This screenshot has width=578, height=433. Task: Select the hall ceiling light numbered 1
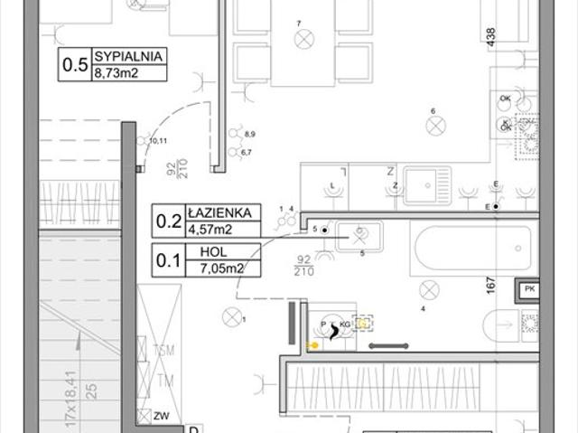tap(232, 317)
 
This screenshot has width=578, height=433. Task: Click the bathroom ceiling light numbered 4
tap(429, 289)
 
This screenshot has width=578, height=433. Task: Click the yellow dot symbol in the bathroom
tap(313, 344)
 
